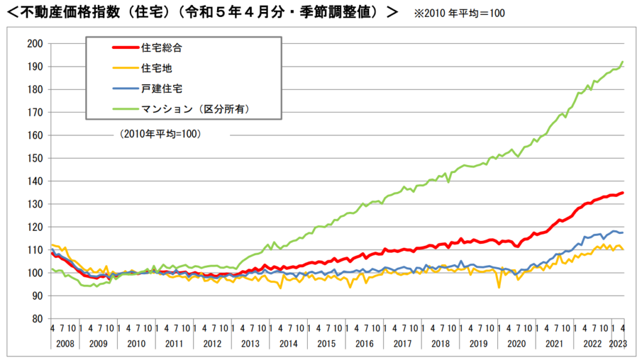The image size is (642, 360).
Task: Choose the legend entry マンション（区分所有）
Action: click(x=200, y=109)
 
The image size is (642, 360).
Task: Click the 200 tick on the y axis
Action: click(x=34, y=43)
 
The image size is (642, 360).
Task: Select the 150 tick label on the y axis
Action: click(x=34, y=158)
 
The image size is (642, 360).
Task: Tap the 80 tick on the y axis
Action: click(x=36, y=319)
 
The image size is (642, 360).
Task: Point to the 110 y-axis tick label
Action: click(x=34, y=250)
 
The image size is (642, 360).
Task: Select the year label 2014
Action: click(x=288, y=344)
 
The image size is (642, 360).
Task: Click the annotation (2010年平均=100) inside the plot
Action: click(x=160, y=134)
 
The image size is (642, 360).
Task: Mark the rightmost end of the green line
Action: click(x=623, y=61)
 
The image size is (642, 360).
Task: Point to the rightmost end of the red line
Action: click(x=623, y=193)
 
